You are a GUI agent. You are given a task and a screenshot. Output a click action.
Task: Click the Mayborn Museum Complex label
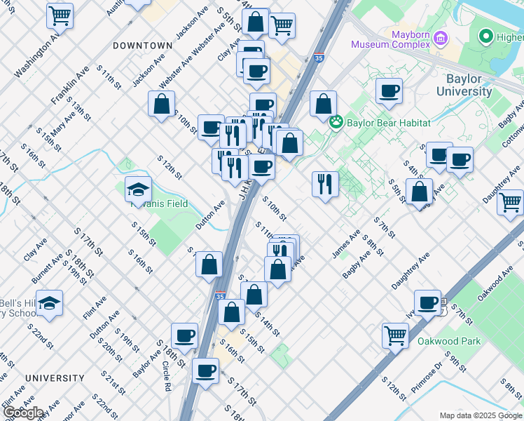pos(390,39)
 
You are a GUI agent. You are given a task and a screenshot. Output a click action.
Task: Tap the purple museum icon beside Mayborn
pos(441,37)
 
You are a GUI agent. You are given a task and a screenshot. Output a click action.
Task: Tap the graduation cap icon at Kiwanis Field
pos(138,188)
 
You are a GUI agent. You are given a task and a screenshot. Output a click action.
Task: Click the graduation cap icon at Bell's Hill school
pos(49,303)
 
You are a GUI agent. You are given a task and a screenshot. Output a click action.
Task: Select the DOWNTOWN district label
pos(142,45)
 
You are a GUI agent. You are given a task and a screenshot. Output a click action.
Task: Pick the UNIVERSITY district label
pos(55,377)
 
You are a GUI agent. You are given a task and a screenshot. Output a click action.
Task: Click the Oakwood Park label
pos(449,341)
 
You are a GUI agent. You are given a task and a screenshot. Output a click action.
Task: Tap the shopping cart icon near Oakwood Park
pos(396,335)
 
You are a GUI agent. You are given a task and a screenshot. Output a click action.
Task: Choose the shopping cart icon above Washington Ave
pos(60,15)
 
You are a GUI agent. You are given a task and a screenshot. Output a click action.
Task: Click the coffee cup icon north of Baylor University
pos(389,91)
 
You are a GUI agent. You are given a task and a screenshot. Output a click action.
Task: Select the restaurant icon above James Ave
pos(325,184)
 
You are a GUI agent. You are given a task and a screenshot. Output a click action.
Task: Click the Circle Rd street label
pos(166,376)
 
